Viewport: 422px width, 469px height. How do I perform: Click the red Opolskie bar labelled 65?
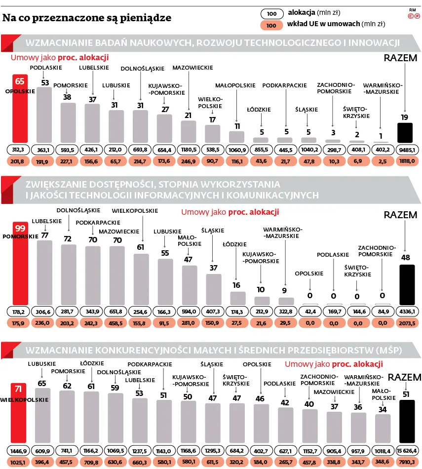tap(20, 108)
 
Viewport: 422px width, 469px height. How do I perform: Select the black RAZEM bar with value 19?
tap(405, 132)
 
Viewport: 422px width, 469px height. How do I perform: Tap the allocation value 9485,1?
tap(407, 150)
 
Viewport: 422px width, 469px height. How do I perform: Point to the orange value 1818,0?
tap(407, 161)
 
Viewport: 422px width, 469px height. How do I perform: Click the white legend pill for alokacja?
tap(272, 14)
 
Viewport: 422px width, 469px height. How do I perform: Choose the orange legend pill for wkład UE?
tap(271, 25)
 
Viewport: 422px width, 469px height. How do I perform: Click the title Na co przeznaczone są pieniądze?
tap(87, 18)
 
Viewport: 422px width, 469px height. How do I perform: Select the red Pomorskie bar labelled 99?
tap(20, 264)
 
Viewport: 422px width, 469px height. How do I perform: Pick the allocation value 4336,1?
tap(407, 312)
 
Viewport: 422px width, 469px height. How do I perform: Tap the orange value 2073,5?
tap(407, 323)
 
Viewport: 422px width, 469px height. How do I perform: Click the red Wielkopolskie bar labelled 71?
tap(19, 413)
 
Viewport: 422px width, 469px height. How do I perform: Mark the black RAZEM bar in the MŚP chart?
tap(407, 421)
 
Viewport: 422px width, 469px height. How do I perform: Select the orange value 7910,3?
tap(407, 462)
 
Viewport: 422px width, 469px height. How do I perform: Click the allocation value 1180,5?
tap(189, 150)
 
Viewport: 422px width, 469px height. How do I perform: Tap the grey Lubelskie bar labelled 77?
tap(44, 273)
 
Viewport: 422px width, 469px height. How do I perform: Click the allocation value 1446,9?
tap(19, 451)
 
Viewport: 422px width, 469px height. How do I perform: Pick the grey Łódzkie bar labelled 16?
tap(238, 298)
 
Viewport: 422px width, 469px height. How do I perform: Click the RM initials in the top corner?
tap(413, 10)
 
